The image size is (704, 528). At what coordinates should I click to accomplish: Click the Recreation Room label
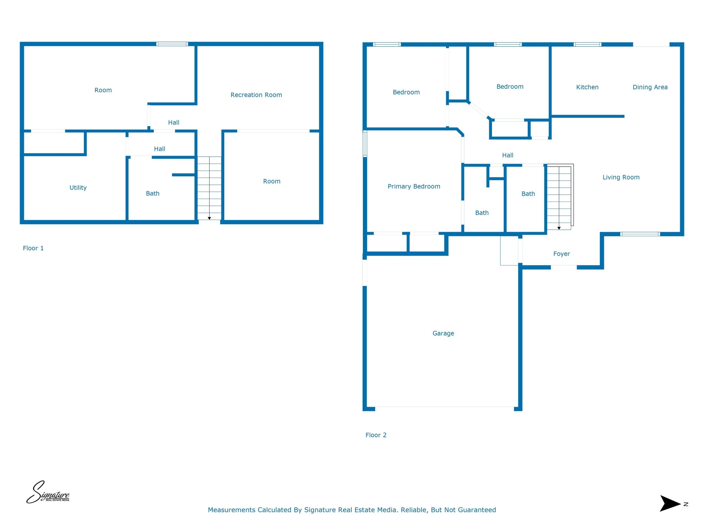pos(256,95)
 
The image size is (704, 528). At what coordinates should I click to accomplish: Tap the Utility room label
pos(78,188)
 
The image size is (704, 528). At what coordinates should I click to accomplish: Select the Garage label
pos(443,334)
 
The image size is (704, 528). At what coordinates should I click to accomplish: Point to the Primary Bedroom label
pos(414,186)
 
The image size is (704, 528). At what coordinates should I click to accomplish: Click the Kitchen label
pos(587,87)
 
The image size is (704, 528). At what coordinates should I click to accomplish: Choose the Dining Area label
pos(650,87)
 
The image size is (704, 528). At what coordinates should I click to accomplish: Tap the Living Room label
pos(621,177)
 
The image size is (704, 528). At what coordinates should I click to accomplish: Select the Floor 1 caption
pos(33,248)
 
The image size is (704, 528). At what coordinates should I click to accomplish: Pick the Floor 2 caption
pos(376,435)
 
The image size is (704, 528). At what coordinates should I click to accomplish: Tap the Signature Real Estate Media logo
pos(48,492)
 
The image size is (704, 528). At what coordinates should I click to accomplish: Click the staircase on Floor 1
pos(210,188)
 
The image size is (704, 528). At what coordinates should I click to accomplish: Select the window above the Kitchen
pos(587,44)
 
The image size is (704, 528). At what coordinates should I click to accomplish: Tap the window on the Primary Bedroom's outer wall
pos(365,144)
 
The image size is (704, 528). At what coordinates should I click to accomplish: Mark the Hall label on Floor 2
pos(508,155)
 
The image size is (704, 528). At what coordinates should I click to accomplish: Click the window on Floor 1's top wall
pos(172,44)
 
